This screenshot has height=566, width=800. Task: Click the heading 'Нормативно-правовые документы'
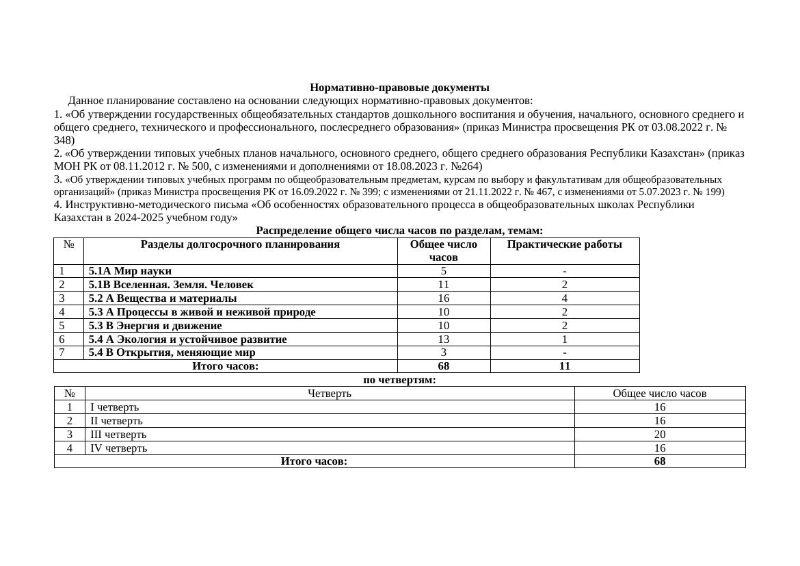point(399,88)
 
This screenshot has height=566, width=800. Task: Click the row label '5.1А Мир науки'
point(130,271)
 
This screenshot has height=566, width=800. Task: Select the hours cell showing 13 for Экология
point(443,339)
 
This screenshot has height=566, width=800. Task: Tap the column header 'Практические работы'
point(564,244)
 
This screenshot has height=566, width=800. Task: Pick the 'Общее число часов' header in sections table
point(443,250)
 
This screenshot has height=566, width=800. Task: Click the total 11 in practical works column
point(564,366)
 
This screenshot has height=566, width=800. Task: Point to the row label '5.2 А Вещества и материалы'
point(163,298)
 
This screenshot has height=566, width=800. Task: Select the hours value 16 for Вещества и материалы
point(443,298)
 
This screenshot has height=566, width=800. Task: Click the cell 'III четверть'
point(118,435)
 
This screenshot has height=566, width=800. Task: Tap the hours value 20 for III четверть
point(659,435)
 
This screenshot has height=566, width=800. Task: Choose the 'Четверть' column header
point(330,394)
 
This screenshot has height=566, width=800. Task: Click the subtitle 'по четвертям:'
point(399,380)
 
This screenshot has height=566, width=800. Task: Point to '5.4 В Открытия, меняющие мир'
point(172,352)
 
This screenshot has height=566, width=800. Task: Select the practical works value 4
point(564,298)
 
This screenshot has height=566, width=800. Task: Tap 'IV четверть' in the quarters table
point(118,448)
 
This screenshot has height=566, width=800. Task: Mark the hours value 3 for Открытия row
point(443,352)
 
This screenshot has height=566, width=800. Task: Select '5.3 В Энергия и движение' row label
point(155,326)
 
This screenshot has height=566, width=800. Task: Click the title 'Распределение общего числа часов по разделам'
point(399,231)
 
